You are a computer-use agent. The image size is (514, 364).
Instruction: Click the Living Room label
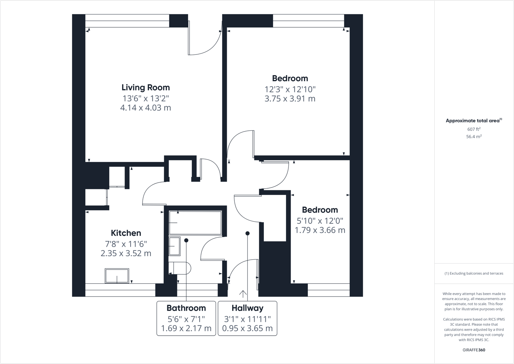146,87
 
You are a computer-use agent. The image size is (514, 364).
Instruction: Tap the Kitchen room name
126,233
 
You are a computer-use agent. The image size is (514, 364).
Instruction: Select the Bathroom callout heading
186,308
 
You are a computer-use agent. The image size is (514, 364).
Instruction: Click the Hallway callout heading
247,308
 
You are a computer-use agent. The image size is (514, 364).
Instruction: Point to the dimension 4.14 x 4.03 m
146,108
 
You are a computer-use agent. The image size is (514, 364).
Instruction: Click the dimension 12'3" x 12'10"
290,89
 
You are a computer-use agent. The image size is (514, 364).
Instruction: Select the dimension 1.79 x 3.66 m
320,230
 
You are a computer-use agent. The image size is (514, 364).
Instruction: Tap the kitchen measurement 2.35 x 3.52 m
126,254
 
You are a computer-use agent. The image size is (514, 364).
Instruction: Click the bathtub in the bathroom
195,222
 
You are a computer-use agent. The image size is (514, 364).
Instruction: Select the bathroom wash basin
174,246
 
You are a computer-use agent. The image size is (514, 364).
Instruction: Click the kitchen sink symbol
117,276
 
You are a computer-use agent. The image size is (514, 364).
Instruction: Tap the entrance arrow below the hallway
243,294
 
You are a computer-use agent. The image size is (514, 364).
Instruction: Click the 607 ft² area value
474,129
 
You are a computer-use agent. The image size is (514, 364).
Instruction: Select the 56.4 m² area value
474,137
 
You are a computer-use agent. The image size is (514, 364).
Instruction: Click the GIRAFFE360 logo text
474,350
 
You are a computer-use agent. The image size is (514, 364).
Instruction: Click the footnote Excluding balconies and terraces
474,273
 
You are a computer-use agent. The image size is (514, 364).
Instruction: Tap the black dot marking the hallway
247,233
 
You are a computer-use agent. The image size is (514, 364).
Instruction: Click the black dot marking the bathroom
186,240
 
